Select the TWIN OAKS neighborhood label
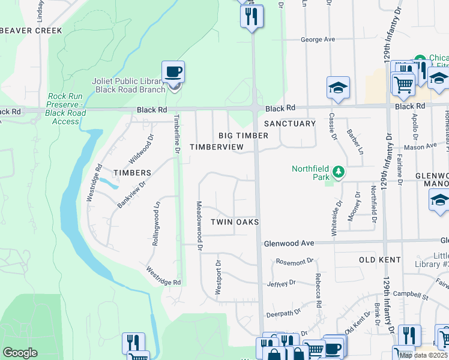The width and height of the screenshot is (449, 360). tap(235, 222)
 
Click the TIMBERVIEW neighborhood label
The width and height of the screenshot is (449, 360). tap(217, 147)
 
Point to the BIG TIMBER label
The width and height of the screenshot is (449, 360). tap(243, 136)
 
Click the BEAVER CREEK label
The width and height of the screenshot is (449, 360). tap(31, 30)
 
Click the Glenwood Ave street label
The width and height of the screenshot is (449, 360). tap(289, 243)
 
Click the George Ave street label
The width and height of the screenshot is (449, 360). tap(318, 40)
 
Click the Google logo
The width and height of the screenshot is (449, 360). tap(20, 353)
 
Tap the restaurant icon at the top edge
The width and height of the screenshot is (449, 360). tap(252, 16)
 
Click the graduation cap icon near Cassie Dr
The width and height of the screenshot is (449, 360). tap(338, 87)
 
